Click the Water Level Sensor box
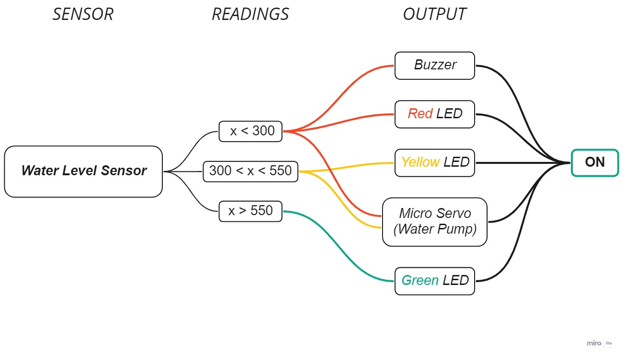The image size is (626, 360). [x=84, y=171]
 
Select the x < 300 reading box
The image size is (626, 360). [x=250, y=131]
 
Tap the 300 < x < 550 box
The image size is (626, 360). [x=250, y=171]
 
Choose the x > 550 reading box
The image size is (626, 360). [x=250, y=211]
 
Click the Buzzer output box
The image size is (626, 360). [x=434, y=66]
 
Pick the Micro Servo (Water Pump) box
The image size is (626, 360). [x=434, y=222]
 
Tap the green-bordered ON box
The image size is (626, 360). [x=595, y=162]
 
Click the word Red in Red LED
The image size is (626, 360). [x=420, y=114]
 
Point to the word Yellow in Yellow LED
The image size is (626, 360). [x=420, y=162]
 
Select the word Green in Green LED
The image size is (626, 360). [x=420, y=280]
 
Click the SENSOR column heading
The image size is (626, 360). [x=83, y=14]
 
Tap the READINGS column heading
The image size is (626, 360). [x=250, y=14]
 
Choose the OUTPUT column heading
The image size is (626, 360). [x=434, y=14]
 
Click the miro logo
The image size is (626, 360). [x=594, y=343]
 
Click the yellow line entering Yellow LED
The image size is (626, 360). [x=361, y=165]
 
